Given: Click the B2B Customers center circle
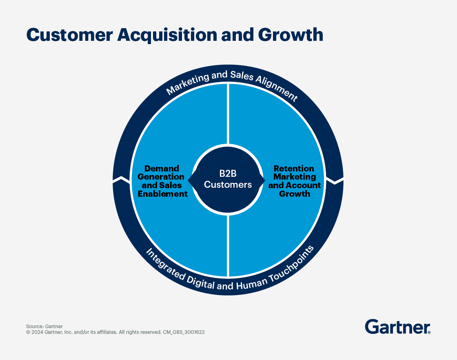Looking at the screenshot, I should [228, 180].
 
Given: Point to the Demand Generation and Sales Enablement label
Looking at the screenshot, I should [162, 181].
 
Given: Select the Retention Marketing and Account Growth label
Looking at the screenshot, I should [294, 181].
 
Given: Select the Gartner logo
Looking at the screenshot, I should [397, 327].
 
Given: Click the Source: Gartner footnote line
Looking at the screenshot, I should [44, 327].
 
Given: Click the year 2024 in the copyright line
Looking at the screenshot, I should [37, 332].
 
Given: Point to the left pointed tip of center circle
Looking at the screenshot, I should [189, 180].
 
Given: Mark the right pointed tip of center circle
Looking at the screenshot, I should [268, 180].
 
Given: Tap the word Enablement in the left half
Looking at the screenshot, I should [162, 194].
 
